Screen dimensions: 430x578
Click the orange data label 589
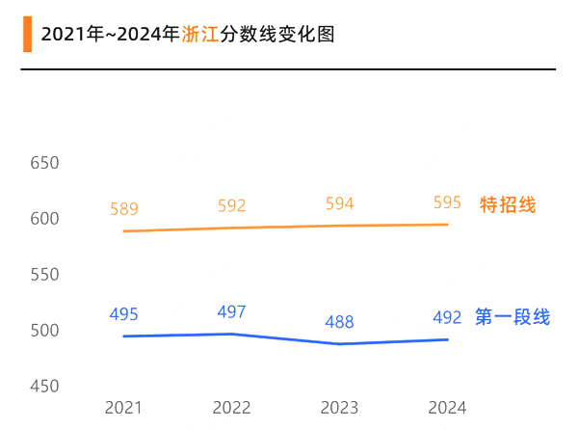[x=124, y=209]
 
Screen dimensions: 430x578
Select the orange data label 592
[x=232, y=205]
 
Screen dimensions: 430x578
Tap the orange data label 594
[x=339, y=203]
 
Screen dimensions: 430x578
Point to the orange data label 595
[x=447, y=202]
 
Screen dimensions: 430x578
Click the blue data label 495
[x=124, y=314]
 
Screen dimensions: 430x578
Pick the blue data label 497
[x=232, y=311]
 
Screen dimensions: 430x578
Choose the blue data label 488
[x=339, y=322]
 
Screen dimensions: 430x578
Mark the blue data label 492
[x=447, y=317]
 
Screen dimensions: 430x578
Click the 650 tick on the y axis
[x=44, y=163]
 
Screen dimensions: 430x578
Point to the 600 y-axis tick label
[x=44, y=219]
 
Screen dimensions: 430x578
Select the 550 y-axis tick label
[x=44, y=275]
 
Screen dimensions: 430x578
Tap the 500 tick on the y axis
[x=44, y=331]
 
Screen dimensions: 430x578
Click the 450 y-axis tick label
[x=44, y=387]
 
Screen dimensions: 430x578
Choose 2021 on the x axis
[x=124, y=408]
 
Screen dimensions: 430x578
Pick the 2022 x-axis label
[x=232, y=408]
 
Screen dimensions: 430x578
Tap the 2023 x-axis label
[x=339, y=408]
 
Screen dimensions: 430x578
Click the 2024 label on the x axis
[x=447, y=408]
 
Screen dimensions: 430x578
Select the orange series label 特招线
[x=508, y=204]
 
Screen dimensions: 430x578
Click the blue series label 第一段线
[x=512, y=317]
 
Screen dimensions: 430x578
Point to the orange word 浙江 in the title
[x=199, y=35]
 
